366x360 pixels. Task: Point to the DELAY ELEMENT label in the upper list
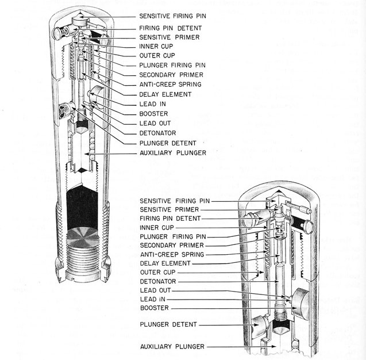(x=165, y=94)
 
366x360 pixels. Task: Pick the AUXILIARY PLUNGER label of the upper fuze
(x=171, y=154)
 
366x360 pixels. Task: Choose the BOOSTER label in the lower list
(x=153, y=308)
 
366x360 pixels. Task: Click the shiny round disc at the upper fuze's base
(x=85, y=237)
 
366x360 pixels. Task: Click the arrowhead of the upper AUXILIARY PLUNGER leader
(x=87, y=154)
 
